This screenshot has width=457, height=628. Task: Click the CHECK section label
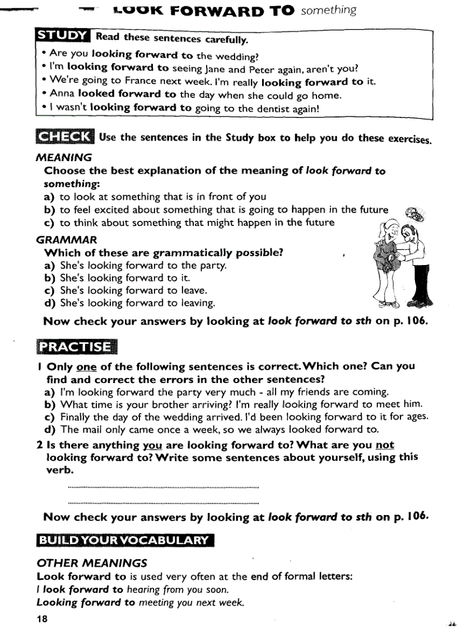(64, 137)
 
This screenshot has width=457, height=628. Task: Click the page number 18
(43, 618)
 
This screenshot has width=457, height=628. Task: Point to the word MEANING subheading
(64, 158)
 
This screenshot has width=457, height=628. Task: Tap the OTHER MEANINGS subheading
(92, 563)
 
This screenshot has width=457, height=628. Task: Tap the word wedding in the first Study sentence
(240, 55)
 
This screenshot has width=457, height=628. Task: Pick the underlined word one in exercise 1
(86, 367)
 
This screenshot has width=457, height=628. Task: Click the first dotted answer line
(162, 488)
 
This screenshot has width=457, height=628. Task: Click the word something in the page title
(328, 11)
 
